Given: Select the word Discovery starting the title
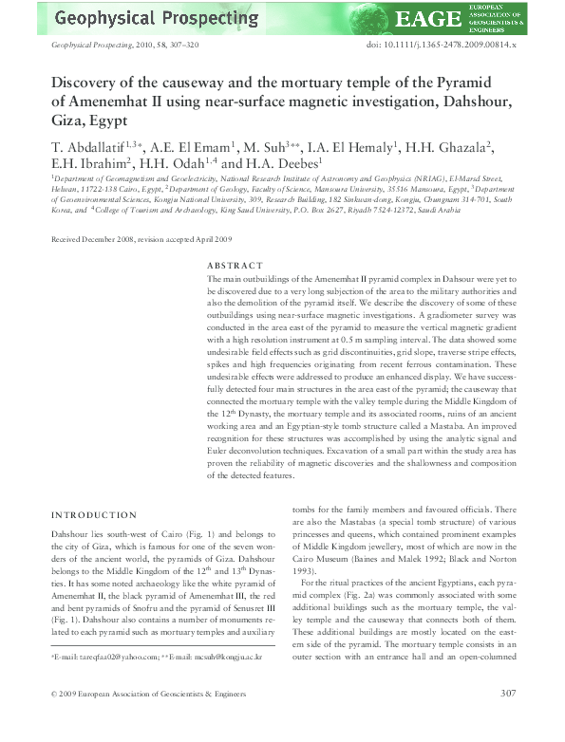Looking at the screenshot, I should [86, 83].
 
